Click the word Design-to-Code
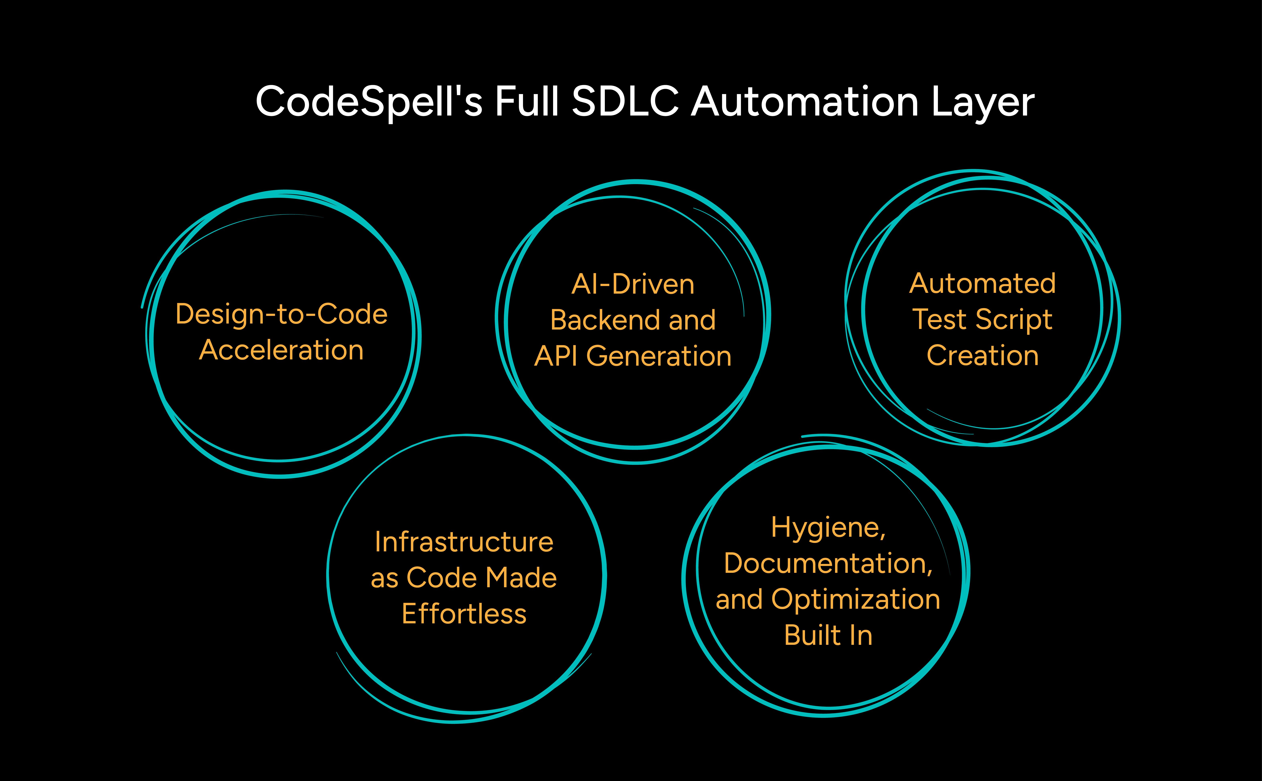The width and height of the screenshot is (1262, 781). pyautogui.click(x=281, y=314)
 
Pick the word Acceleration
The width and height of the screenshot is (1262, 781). pyautogui.click(x=281, y=350)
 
